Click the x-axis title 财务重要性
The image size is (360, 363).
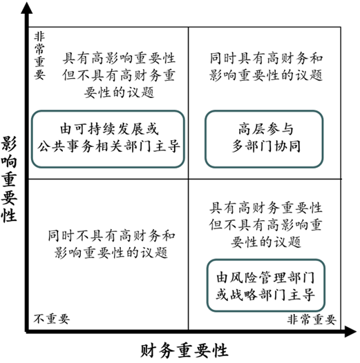tap(184, 351)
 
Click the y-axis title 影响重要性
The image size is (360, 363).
tap(9, 179)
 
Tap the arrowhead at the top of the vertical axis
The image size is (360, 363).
tap(27, 8)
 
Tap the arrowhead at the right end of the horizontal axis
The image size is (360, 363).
tap(350, 331)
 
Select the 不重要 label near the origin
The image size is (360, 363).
tap(51, 319)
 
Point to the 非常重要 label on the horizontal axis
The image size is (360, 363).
tap(312, 320)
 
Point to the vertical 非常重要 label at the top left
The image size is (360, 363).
tap(39, 56)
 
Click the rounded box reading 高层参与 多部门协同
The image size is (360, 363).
tap(264, 139)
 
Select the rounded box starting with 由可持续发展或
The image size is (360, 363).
tap(108, 139)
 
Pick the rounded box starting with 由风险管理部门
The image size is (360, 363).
tap(265, 285)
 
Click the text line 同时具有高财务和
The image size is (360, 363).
tap(266, 59)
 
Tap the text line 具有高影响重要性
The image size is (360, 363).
tap(119, 59)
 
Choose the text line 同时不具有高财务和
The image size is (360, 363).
tap(111, 235)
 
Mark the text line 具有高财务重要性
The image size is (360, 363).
tap(265, 208)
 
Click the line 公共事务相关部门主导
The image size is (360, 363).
tap(108, 146)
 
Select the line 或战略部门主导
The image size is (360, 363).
tap(265, 294)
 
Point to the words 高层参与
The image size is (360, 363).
tap(266, 129)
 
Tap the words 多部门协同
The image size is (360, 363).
tap(266, 146)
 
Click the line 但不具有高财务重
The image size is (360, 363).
tap(119, 75)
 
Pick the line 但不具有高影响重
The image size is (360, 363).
tap(265, 225)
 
